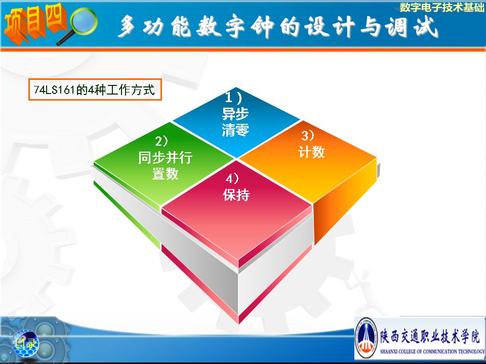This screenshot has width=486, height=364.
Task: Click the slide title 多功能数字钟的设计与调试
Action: pyautogui.click(x=278, y=27)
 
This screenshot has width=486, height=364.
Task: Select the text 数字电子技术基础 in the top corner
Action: pyautogui.click(x=441, y=7)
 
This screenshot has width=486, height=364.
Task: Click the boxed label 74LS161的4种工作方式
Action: pyautogui.click(x=95, y=90)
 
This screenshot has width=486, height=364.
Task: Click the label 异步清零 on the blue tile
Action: pyautogui.click(x=235, y=122)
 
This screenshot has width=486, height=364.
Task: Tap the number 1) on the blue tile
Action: pyautogui.click(x=233, y=98)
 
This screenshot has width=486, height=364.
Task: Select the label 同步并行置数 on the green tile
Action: pyautogui.click(x=165, y=166)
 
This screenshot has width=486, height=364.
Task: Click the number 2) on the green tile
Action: pyautogui.click(x=161, y=142)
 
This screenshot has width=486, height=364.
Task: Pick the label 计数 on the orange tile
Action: pyautogui.click(x=311, y=152)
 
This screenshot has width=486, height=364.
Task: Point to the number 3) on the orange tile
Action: pyautogui.click(x=308, y=135)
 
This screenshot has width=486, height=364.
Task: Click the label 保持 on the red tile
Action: pyautogui.click(x=236, y=195)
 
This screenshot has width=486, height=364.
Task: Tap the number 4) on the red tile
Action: pyautogui.click(x=232, y=178)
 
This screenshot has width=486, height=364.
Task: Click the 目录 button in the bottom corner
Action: pyautogui.click(x=25, y=343)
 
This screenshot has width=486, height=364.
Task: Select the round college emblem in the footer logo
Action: pyautogui.click(x=367, y=338)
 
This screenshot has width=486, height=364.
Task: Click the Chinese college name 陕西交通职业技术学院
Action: pyautogui.click(x=430, y=336)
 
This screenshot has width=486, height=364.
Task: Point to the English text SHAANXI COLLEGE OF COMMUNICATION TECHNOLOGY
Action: pyautogui.click(x=432, y=351)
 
